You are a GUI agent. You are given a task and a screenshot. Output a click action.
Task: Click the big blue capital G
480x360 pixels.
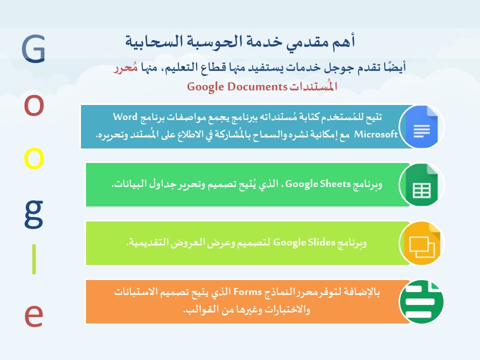33,48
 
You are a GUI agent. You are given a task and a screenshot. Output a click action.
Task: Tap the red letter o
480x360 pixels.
34,105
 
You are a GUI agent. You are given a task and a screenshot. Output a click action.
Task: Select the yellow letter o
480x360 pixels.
34,158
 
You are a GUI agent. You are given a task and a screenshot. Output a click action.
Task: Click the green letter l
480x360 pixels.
34,259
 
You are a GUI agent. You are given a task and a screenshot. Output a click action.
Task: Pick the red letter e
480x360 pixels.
33,316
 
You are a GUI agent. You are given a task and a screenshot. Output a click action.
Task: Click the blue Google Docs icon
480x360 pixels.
421,126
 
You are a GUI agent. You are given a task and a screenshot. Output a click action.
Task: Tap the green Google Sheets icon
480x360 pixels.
421,184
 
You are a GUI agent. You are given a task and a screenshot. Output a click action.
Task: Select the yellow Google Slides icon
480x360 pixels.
421,243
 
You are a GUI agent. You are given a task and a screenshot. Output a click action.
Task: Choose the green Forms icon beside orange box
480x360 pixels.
421,301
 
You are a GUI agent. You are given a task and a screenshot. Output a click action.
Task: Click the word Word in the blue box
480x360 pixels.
125,116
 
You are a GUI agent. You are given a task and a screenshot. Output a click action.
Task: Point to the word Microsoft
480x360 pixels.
376,134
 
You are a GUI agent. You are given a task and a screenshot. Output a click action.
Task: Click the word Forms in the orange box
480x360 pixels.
247,291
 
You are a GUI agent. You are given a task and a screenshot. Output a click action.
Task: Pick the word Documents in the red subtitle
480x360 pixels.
257,86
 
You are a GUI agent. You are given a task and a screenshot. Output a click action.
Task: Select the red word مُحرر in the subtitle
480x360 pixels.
125,67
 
